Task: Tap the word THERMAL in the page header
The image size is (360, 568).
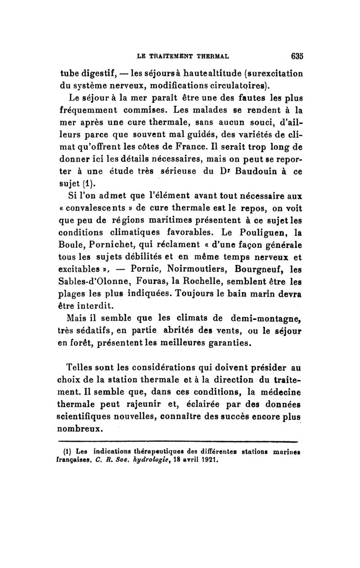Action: [x=210, y=57]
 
